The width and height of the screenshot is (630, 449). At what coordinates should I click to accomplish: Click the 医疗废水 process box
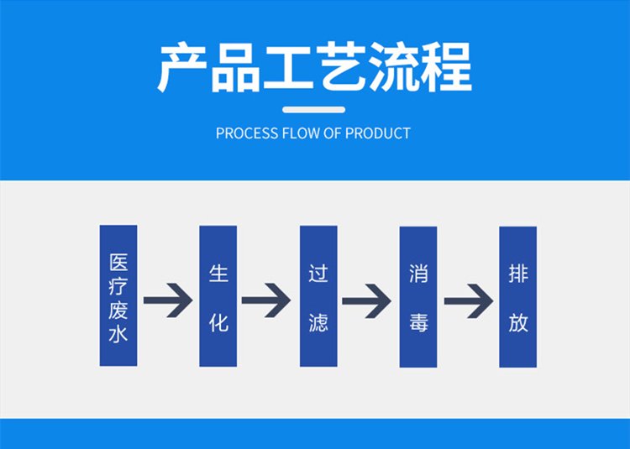[x=118, y=295]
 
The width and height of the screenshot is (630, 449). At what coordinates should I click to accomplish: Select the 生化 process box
[x=218, y=295]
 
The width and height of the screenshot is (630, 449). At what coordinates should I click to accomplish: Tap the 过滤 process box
[x=318, y=295]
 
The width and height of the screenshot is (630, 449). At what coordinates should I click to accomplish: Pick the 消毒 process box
[x=418, y=295]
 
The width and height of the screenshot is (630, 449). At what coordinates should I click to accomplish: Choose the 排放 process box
[x=517, y=295]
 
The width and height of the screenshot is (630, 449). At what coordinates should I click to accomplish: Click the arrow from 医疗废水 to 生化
[x=168, y=300]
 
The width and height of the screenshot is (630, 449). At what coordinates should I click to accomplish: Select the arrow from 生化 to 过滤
[x=266, y=300]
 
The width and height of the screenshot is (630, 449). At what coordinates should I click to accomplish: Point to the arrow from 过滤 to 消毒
[x=367, y=300]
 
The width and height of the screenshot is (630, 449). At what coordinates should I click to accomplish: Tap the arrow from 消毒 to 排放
[x=468, y=300]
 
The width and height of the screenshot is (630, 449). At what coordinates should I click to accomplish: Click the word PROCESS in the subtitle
[x=242, y=133]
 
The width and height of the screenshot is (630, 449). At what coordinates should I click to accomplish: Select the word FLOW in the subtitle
[x=296, y=133]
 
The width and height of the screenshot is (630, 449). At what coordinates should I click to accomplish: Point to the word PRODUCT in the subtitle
[x=378, y=133]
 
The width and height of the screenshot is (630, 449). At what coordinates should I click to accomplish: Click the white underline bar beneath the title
[x=313, y=108]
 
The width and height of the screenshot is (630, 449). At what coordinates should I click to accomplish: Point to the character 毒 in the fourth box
[x=418, y=321]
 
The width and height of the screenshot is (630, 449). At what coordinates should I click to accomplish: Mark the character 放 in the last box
[x=518, y=321]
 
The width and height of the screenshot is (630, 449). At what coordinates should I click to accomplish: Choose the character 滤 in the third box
[x=318, y=321]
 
